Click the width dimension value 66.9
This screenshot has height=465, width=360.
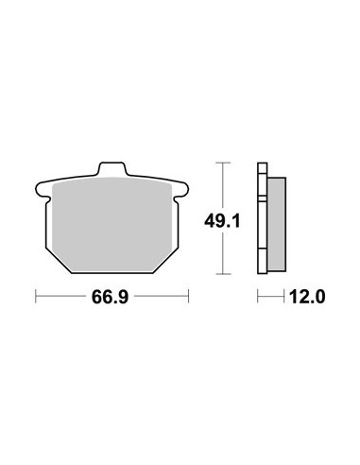(x=110, y=297)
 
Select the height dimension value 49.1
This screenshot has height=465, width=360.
(x=222, y=221)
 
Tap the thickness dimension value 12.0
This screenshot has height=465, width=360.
(x=307, y=297)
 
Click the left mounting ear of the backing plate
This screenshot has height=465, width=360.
(x=43, y=190)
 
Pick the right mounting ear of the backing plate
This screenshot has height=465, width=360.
(x=180, y=190)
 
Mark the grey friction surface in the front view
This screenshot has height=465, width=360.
(x=111, y=224)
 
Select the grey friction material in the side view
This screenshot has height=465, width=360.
(x=277, y=224)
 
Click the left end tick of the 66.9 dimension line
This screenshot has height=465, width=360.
(x=36, y=296)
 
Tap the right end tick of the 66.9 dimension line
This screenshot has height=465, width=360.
(x=188, y=296)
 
